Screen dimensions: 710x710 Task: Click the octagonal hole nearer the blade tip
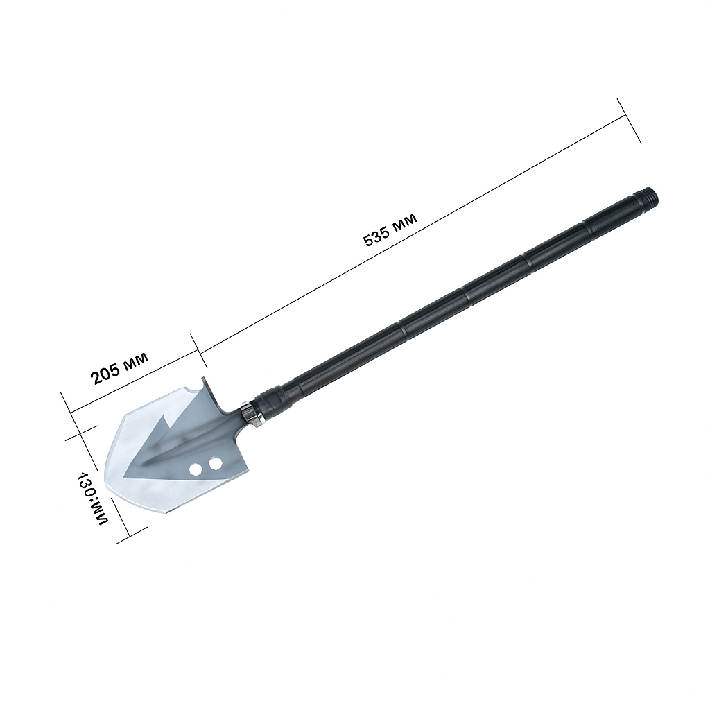(x=195, y=469)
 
